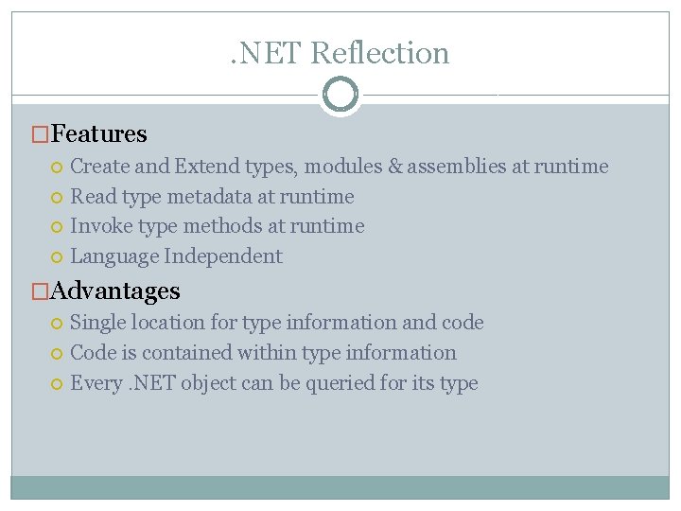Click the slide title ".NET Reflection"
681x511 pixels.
(340, 53)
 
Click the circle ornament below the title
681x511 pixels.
(340, 95)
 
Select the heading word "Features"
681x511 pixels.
(99, 134)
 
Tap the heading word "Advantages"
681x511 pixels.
(115, 291)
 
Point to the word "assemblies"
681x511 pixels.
(456, 167)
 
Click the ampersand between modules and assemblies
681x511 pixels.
(394, 167)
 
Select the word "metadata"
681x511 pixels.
(209, 197)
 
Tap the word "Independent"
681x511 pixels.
(223, 256)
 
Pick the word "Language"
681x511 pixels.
(113, 256)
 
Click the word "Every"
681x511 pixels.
(96, 383)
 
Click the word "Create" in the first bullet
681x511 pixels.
(100, 167)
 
